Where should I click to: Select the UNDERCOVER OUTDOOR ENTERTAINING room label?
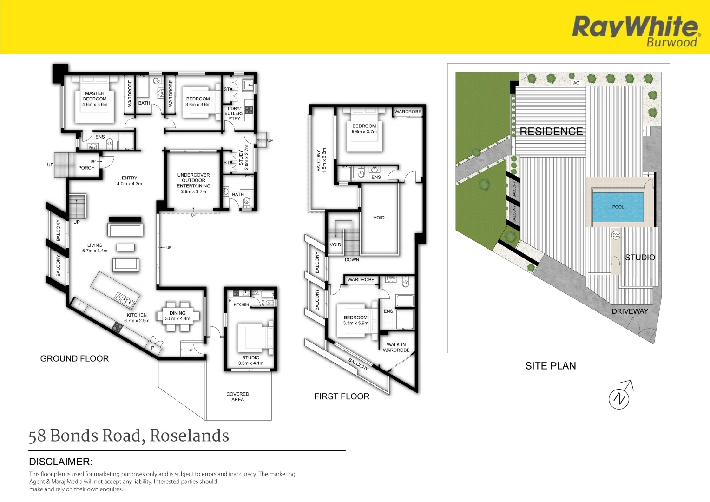pos(193,183)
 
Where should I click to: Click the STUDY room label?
pos(241,158)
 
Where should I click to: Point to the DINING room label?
pos(177,316)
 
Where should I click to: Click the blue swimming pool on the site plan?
pos(618,207)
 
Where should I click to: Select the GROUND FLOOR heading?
pos(74,358)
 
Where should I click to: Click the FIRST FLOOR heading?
pos(342,396)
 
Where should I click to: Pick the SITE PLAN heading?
pos(551,366)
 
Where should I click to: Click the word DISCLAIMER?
pos(61,462)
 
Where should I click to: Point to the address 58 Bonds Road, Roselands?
pos(129,436)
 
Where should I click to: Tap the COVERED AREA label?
pos(237,396)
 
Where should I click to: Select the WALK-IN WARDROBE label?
pos(396,348)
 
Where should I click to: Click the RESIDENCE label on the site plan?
pos(551,132)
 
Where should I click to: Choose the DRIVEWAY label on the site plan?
pos(630,311)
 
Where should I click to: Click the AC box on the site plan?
pos(576,83)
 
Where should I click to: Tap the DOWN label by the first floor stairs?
pos(352,260)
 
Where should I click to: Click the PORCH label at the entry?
pos(86,168)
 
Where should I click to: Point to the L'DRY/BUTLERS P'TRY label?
pos(234,113)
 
